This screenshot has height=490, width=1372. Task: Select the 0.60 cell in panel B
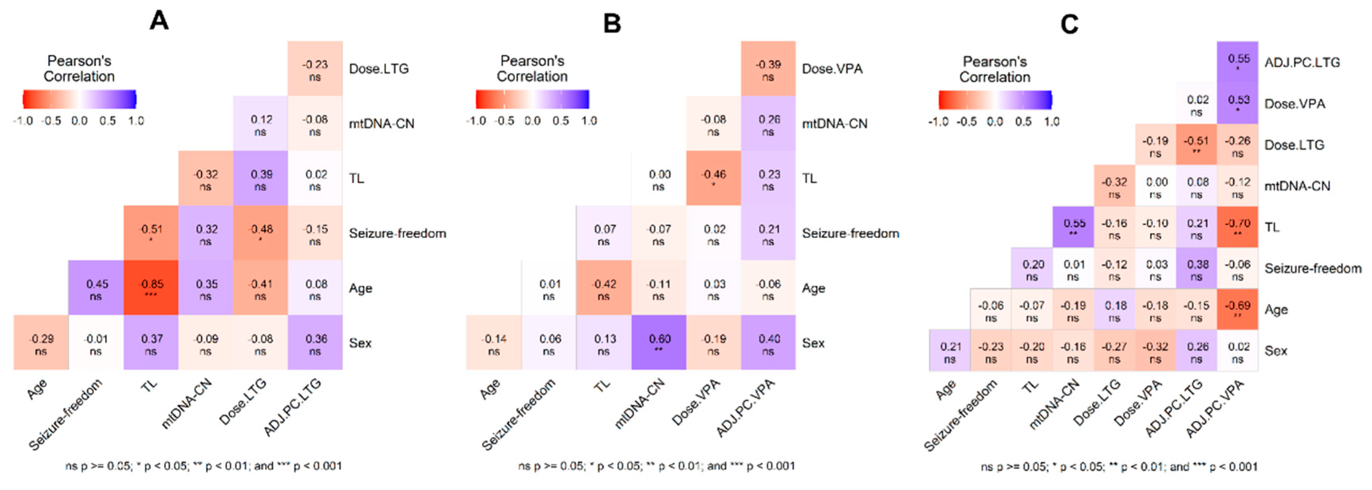coord(659,343)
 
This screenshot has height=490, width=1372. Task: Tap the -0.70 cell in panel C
coord(1237,227)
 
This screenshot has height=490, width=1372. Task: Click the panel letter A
coord(159,21)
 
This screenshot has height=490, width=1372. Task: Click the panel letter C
coord(1070,24)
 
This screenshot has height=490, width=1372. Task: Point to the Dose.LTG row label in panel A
coord(379,69)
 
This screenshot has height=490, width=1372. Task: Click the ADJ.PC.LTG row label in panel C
coord(1302,62)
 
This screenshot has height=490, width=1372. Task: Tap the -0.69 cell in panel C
coord(1237,310)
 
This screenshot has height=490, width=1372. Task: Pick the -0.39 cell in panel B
coord(768,69)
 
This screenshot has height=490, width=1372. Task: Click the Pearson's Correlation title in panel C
coord(994,69)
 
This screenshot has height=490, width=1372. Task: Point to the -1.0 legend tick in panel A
coord(23,121)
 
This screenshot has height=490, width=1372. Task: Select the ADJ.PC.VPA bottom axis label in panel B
coord(746,407)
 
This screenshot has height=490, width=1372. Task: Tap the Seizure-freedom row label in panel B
coord(851,233)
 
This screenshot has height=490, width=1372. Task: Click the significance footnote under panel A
coord(203,466)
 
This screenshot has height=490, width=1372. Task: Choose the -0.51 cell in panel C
coord(1196,145)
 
